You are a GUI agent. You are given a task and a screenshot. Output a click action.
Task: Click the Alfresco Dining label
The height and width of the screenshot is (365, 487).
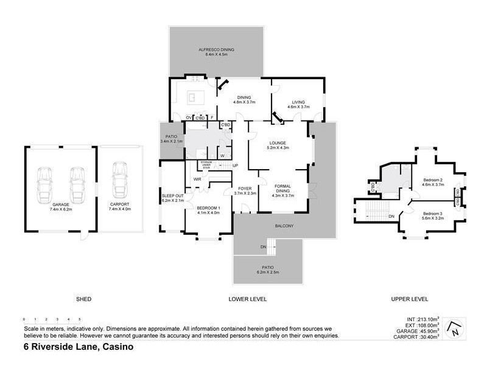[x=216, y=52]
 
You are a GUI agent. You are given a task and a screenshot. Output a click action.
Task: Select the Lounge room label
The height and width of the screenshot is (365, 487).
[x=278, y=145]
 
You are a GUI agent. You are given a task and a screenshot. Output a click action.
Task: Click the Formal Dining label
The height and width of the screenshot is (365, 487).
[x=283, y=190]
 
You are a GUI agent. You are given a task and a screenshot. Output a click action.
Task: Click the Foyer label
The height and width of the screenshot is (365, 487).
[x=245, y=190]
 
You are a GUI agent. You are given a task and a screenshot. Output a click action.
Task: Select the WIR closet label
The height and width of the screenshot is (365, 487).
[x=197, y=179]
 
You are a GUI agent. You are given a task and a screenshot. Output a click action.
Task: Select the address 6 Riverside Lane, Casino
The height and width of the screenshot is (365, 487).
[x=78, y=348]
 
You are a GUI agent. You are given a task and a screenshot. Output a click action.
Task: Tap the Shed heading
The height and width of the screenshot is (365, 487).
[x=83, y=299]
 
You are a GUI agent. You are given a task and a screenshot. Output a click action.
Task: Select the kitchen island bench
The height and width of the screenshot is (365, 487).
[x=195, y=96]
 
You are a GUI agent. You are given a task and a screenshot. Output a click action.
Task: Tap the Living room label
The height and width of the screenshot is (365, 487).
[x=298, y=103]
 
